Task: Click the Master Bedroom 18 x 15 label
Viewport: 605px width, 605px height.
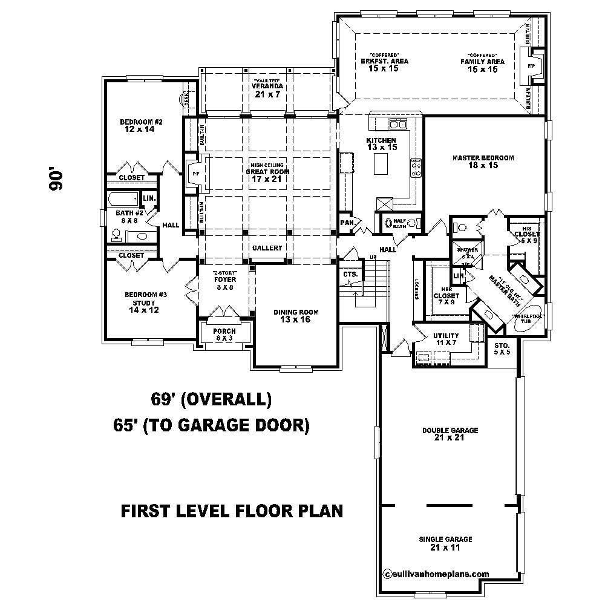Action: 483,162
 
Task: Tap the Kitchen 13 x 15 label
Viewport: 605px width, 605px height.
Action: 381,144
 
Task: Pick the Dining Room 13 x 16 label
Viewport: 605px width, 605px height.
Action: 295,316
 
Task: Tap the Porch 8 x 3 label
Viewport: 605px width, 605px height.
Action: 224,335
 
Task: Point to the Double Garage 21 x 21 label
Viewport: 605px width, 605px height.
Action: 450,434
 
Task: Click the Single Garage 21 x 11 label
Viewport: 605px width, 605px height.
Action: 445,543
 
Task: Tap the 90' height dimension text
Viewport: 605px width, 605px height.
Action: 56,180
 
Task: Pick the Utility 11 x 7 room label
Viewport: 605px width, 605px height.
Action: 446,339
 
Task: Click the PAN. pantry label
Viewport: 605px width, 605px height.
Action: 347,223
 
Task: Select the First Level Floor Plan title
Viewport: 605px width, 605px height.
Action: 232,511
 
